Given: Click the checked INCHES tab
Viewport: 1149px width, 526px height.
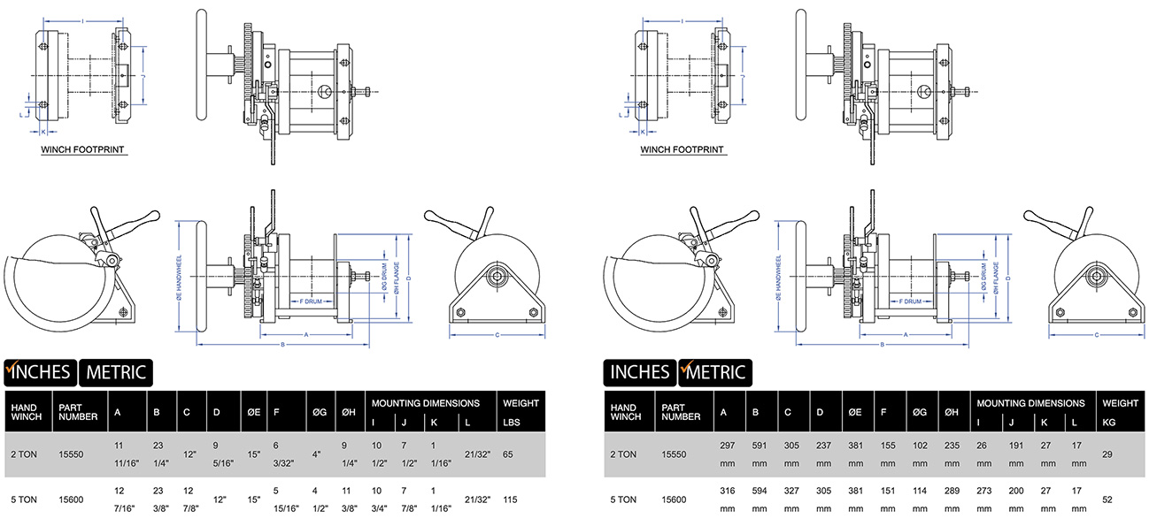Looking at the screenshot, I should tap(40, 371).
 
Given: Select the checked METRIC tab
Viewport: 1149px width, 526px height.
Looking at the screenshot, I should tap(715, 371).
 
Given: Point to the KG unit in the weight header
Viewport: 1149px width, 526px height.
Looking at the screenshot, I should tap(1109, 415).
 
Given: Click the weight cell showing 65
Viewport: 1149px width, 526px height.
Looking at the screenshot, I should tap(509, 454).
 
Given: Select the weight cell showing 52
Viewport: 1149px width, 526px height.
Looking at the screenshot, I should tap(1107, 499).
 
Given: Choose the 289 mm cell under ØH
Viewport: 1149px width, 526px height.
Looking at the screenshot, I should tap(952, 499).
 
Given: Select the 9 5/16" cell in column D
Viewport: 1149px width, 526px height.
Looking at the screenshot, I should tap(217, 454).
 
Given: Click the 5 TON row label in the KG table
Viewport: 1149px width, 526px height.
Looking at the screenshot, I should tap(623, 499).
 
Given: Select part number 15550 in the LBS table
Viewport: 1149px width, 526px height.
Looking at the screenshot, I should tap(73, 454).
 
